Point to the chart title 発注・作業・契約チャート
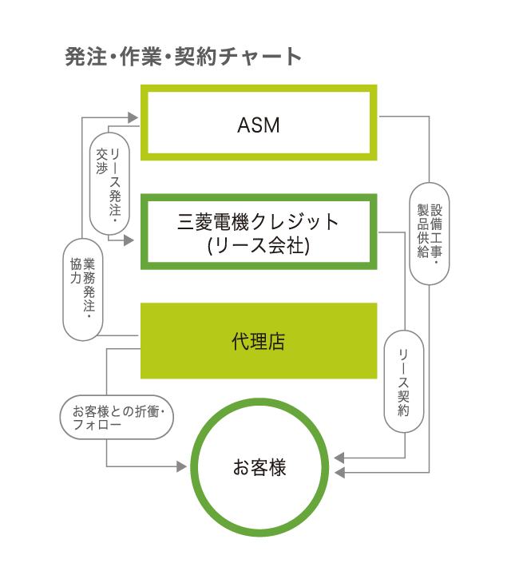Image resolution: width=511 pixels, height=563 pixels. coord(183,57)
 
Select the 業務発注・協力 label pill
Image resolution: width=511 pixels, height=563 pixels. coord(81,290)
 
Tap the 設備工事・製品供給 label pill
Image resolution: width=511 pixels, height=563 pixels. coord(430,232)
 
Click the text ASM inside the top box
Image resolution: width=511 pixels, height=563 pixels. coord(259,125)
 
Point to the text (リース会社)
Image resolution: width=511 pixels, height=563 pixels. coord(259,246)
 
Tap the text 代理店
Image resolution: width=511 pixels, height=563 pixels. coord(259,342)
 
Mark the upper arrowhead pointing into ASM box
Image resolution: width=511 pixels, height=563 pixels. coord(136,117)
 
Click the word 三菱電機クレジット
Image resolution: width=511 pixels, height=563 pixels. coord(259,222)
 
